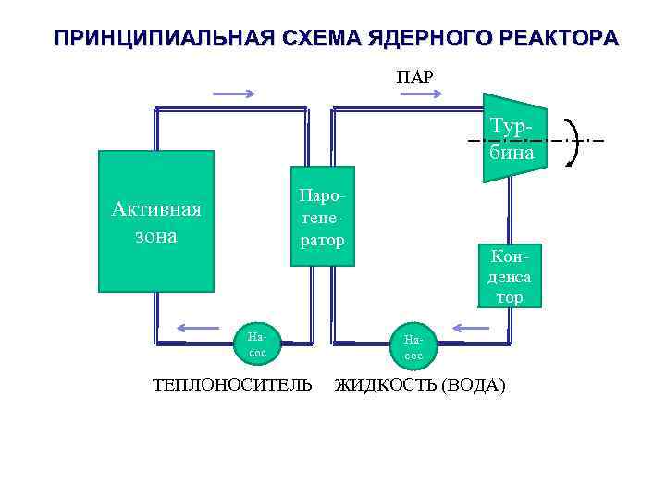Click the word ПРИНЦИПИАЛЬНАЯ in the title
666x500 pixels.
pyautogui.click(x=159, y=40)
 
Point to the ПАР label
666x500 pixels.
pyautogui.click(x=414, y=77)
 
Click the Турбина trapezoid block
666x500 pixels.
pyautogui.click(x=513, y=139)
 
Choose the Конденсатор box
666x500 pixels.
pyautogui.click(x=508, y=275)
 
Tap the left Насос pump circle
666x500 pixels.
pyautogui.click(x=257, y=344)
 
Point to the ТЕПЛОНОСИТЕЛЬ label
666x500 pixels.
pyautogui.click(x=233, y=384)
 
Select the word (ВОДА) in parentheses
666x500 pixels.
pyautogui.click(x=475, y=384)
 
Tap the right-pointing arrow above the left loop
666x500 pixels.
pyautogui.click(x=234, y=94)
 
